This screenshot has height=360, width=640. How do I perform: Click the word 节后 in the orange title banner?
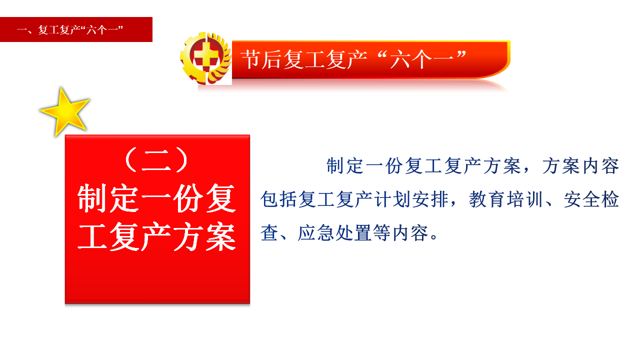pyautogui.click(x=261, y=59)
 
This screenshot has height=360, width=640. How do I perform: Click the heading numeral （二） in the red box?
pyautogui.click(x=156, y=160)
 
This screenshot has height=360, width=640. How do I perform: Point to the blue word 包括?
pyautogui.click(x=278, y=199)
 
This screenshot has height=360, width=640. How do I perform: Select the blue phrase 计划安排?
pyautogui.click(x=411, y=199)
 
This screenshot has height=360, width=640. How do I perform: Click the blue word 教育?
pyautogui.click(x=487, y=199)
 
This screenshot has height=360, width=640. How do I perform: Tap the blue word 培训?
pyautogui.click(x=524, y=199)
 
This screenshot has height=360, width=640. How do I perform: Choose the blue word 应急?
pyautogui.click(x=315, y=233)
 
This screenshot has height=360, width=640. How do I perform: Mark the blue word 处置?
pyautogui.click(x=353, y=233)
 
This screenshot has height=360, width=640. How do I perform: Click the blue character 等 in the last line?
pyautogui.click(x=381, y=233)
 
